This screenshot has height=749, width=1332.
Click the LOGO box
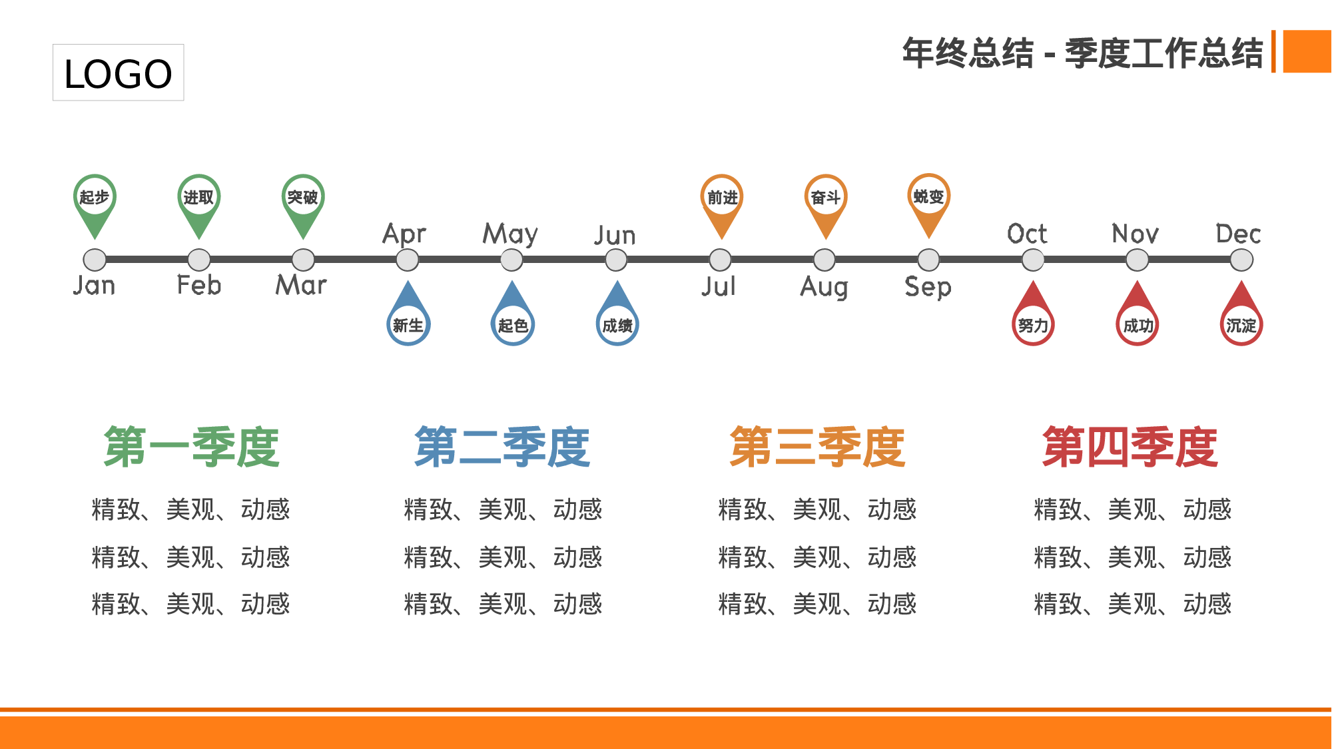[x=118, y=73]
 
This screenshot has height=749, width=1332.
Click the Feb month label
[x=198, y=286]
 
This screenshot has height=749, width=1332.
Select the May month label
[x=510, y=234]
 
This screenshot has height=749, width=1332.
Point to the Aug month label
[x=825, y=287]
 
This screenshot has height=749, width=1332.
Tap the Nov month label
[x=1136, y=234]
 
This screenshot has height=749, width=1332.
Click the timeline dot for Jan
[x=95, y=260]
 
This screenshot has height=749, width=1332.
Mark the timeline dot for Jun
[x=616, y=260]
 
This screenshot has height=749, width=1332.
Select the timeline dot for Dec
[x=1241, y=260]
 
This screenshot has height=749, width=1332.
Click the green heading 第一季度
[x=192, y=447]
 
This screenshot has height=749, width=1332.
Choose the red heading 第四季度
[x=1130, y=447]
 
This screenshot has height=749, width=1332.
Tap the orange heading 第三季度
[x=818, y=447]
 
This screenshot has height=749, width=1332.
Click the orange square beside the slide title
[x=1307, y=51]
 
